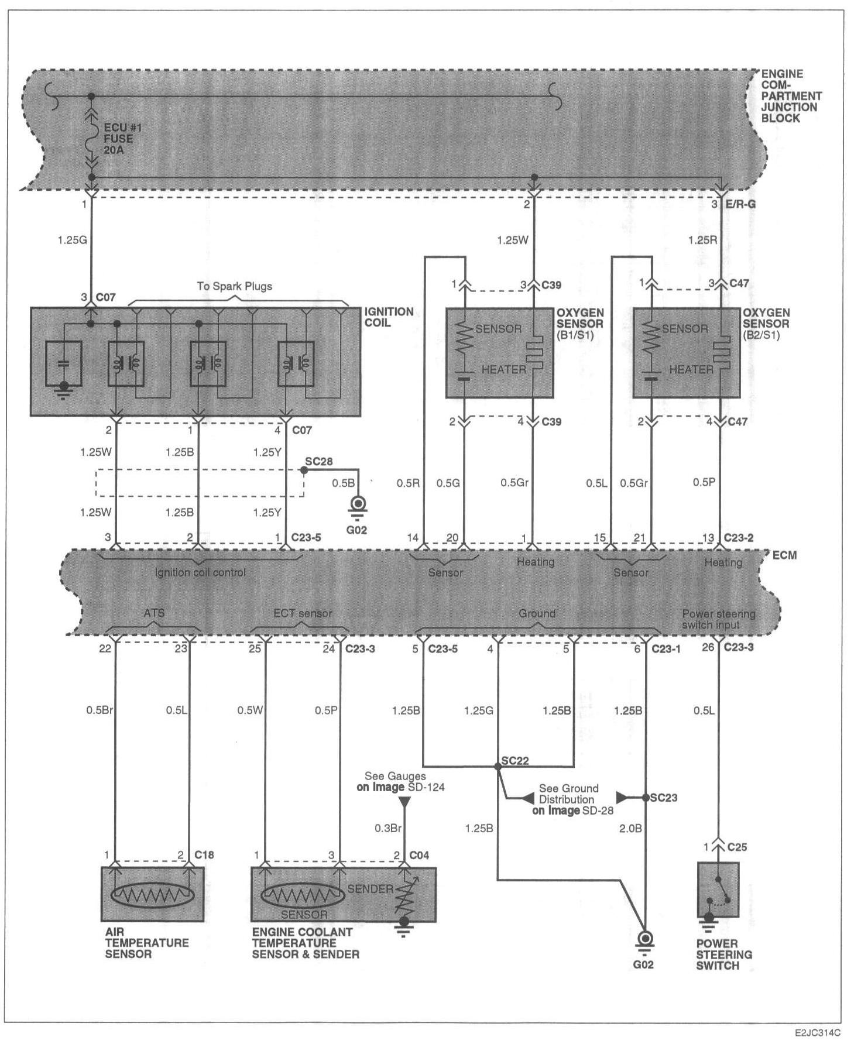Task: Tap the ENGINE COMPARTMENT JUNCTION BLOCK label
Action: coord(791,96)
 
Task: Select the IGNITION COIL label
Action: coord(389,317)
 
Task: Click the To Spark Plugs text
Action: coord(234,286)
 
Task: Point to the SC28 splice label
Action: coord(318,462)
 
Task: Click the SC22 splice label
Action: coord(515,761)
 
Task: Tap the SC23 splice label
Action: coord(663,797)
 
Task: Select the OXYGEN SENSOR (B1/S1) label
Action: coord(580,324)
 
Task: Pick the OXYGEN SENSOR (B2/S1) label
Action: coord(766,324)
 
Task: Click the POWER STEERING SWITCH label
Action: coord(723,954)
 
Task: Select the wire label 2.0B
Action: coord(630,828)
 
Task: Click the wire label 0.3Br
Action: coord(388,828)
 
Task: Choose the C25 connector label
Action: coord(737,847)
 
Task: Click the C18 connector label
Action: coord(204,855)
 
